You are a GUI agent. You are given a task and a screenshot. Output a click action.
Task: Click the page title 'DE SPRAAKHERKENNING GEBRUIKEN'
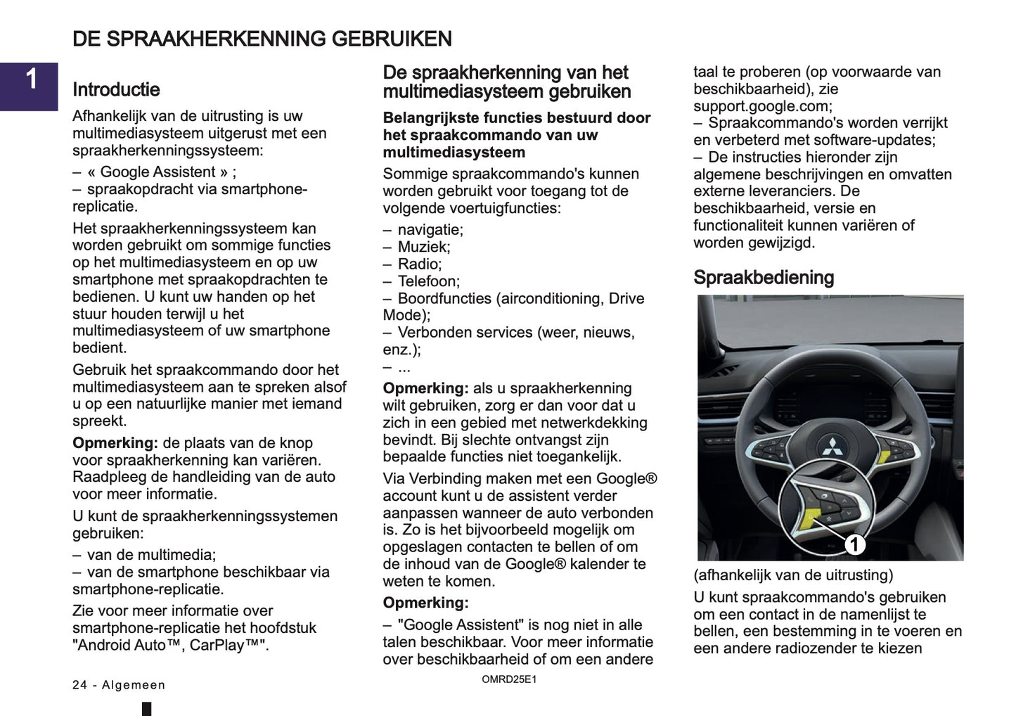point(262,39)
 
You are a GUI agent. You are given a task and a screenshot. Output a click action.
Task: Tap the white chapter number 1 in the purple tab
point(32,79)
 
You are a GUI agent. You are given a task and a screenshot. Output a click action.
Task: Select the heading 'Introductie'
point(116,89)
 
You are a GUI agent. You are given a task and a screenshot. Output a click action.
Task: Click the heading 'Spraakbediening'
point(764,278)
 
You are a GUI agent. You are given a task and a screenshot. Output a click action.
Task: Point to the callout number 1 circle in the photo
point(854,544)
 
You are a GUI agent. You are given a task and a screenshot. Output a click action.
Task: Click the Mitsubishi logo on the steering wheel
point(835,446)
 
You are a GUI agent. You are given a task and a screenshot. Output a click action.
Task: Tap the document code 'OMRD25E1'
point(509,679)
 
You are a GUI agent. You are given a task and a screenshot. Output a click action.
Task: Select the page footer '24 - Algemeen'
point(119,685)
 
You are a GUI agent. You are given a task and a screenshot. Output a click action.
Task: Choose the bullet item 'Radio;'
point(420,264)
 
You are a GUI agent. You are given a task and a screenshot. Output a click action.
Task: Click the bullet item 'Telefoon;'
point(429,281)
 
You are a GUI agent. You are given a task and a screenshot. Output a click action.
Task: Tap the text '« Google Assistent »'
point(158,172)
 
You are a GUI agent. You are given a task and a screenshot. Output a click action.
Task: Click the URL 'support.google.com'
point(761,106)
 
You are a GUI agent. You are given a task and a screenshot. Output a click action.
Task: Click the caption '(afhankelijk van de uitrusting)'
point(793,575)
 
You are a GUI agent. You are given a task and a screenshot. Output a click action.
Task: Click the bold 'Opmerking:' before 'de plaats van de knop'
point(115,443)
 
